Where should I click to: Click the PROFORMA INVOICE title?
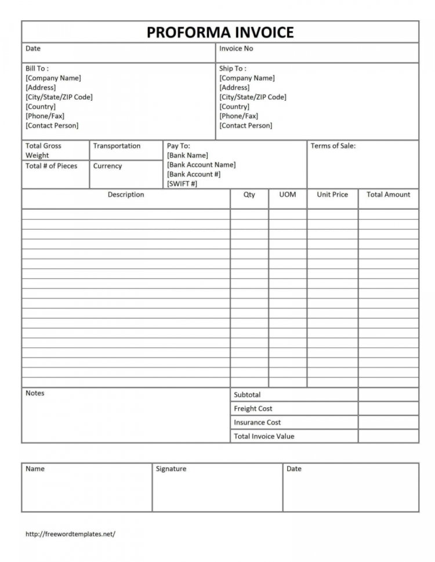pyautogui.click(x=220, y=32)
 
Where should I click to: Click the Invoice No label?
pyautogui.click(x=236, y=49)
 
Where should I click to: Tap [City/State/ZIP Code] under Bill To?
pyautogui.click(x=59, y=97)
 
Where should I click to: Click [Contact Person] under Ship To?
pyautogui.click(x=246, y=125)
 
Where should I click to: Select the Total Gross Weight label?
pyautogui.click(x=43, y=150)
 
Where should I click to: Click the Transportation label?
pyautogui.click(x=117, y=146)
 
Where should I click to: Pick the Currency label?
pyautogui.click(x=108, y=166)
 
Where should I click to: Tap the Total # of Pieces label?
pyautogui.click(x=51, y=166)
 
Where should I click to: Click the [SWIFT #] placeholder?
pyautogui.click(x=182, y=184)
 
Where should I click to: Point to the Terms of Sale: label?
pyautogui.click(x=333, y=146)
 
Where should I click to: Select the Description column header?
pyautogui.click(x=126, y=195)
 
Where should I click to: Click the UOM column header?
pyautogui.click(x=288, y=195)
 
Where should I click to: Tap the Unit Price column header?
pyautogui.click(x=332, y=195)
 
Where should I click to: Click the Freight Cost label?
pyautogui.click(x=253, y=408)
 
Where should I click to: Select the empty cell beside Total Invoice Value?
pyautogui.click(x=388, y=436)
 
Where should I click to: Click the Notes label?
pyautogui.click(x=35, y=393)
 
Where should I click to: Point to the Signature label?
pyautogui.click(x=171, y=469)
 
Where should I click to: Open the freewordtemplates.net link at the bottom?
pyautogui.click(x=70, y=534)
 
